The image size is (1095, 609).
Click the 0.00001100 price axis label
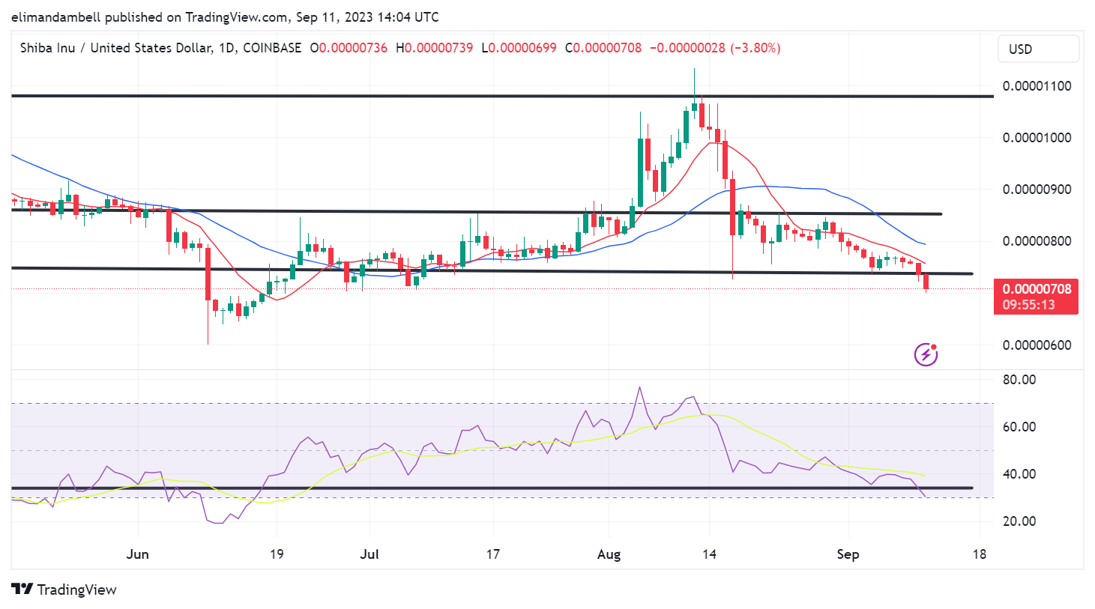click(1037, 86)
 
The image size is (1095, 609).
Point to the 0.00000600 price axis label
click(1037, 345)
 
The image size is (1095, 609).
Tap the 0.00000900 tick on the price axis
click(1037, 190)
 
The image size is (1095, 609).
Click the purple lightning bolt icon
click(926, 354)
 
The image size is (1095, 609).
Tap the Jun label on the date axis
click(138, 554)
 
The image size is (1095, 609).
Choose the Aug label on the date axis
click(609, 554)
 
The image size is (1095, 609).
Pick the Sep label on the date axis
click(848, 554)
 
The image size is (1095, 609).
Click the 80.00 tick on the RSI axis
click(1019, 380)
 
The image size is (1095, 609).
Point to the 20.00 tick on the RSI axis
click(1019, 521)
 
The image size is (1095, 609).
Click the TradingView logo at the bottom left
click(64, 590)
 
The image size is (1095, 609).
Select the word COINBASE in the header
click(272, 48)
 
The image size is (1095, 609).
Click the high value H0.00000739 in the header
click(434, 48)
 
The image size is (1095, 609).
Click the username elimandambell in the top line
click(56, 16)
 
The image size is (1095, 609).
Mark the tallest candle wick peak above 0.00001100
click(694, 70)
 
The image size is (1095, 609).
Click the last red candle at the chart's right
click(926, 282)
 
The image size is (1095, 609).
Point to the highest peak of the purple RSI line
click(639, 387)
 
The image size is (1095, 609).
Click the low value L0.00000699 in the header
click(519, 48)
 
